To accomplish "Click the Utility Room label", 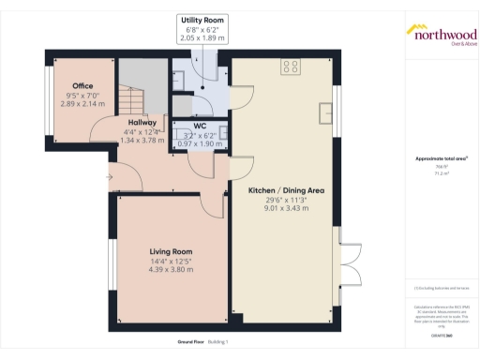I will coord(202,20).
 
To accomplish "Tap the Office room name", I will coord(82,85).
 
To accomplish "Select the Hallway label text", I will coord(143,121).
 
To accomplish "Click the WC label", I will coord(200,126).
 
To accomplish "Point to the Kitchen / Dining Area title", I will coord(286,189).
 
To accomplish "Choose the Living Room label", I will coord(171,250).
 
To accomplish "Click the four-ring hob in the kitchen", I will coord(291,67).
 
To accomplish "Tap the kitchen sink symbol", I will coord(327,112).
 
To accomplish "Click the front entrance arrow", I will coord(109,174).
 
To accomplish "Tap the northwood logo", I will coord(441,34).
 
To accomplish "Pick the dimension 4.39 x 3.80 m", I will coord(171,269).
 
